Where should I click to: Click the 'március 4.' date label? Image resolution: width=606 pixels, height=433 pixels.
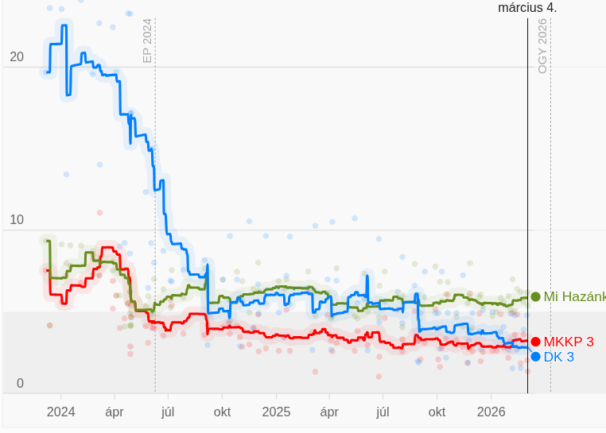click(x=527, y=8)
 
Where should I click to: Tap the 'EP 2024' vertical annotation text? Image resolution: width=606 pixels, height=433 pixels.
click(x=147, y=41)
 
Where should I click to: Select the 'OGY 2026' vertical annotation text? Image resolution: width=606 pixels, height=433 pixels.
click(x=542, y=46)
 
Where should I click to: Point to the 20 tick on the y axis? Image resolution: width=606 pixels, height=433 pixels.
click(x=16, y=57)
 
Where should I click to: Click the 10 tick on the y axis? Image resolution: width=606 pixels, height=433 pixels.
click(x=16, y=220)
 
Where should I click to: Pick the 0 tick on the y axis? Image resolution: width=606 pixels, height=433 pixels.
click(x=20, y=384)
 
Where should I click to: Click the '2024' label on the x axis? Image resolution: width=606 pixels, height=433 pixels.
click(x=61, y=412)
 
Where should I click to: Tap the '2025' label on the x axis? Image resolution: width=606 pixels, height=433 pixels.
click(x=276, y=412)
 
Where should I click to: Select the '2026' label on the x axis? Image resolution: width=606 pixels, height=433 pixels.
click(x=491, y=412)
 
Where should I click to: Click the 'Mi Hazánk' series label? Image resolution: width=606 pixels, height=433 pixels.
click(x=574, y=297)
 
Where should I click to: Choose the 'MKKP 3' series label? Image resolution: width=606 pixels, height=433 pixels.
click(x=568, y=342)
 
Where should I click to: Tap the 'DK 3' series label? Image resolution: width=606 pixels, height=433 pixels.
click(x=558, y=358)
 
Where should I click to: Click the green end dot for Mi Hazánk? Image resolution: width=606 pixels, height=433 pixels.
click(x=535, y=297)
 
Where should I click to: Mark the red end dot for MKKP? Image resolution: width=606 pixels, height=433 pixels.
click(x=535, y=342)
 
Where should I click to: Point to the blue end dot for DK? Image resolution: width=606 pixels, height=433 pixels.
click(x=535, y=357)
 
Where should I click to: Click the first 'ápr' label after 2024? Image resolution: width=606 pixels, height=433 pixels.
click(x=115, y=412)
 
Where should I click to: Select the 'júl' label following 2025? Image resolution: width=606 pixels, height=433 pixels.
click(x=383, y=412)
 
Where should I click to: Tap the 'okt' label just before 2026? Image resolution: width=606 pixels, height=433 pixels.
click(x=437, y=412)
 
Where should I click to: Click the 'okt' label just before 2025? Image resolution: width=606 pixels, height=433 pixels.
click(x=222, y=412)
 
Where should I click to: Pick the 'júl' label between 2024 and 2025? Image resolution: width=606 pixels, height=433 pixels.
click(x=168, y=412)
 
